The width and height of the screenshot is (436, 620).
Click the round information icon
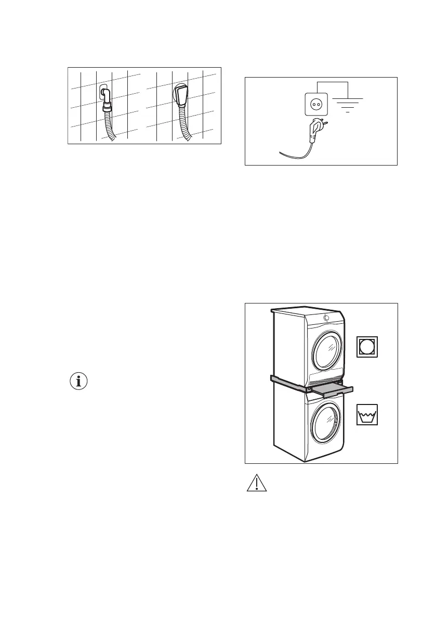79,382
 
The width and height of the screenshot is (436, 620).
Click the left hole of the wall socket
312,104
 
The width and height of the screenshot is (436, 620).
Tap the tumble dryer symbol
367,347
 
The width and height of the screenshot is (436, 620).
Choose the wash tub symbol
367,415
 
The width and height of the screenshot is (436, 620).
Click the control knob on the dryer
326,318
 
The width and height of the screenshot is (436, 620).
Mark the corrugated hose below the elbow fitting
111,125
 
